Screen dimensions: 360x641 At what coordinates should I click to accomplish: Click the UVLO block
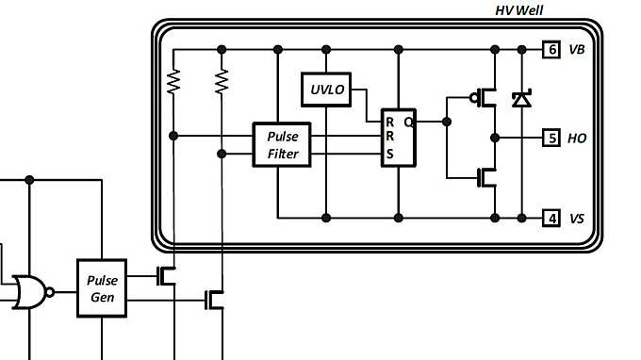coord(325,90)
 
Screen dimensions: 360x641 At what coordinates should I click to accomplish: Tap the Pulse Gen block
coord(101,287)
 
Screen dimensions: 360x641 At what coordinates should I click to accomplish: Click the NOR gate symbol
coord(31,291)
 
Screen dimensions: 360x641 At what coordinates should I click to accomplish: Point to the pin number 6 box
coord(551,50)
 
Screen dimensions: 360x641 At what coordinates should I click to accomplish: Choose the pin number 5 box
coord(551,138)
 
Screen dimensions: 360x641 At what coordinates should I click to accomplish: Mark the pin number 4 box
coord(551,219)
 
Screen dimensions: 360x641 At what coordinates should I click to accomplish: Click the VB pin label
coord(577,50)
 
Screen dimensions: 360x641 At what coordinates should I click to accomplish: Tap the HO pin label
coord(577,138)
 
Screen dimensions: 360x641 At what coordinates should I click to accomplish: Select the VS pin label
coord(577,219)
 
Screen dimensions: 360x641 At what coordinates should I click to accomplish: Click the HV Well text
coord(518,9)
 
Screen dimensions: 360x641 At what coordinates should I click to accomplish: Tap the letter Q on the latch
coord(407,122)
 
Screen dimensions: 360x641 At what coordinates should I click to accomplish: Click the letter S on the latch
coord(389,155)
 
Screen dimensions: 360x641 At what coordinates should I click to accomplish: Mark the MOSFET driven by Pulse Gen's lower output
coord(216,300)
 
